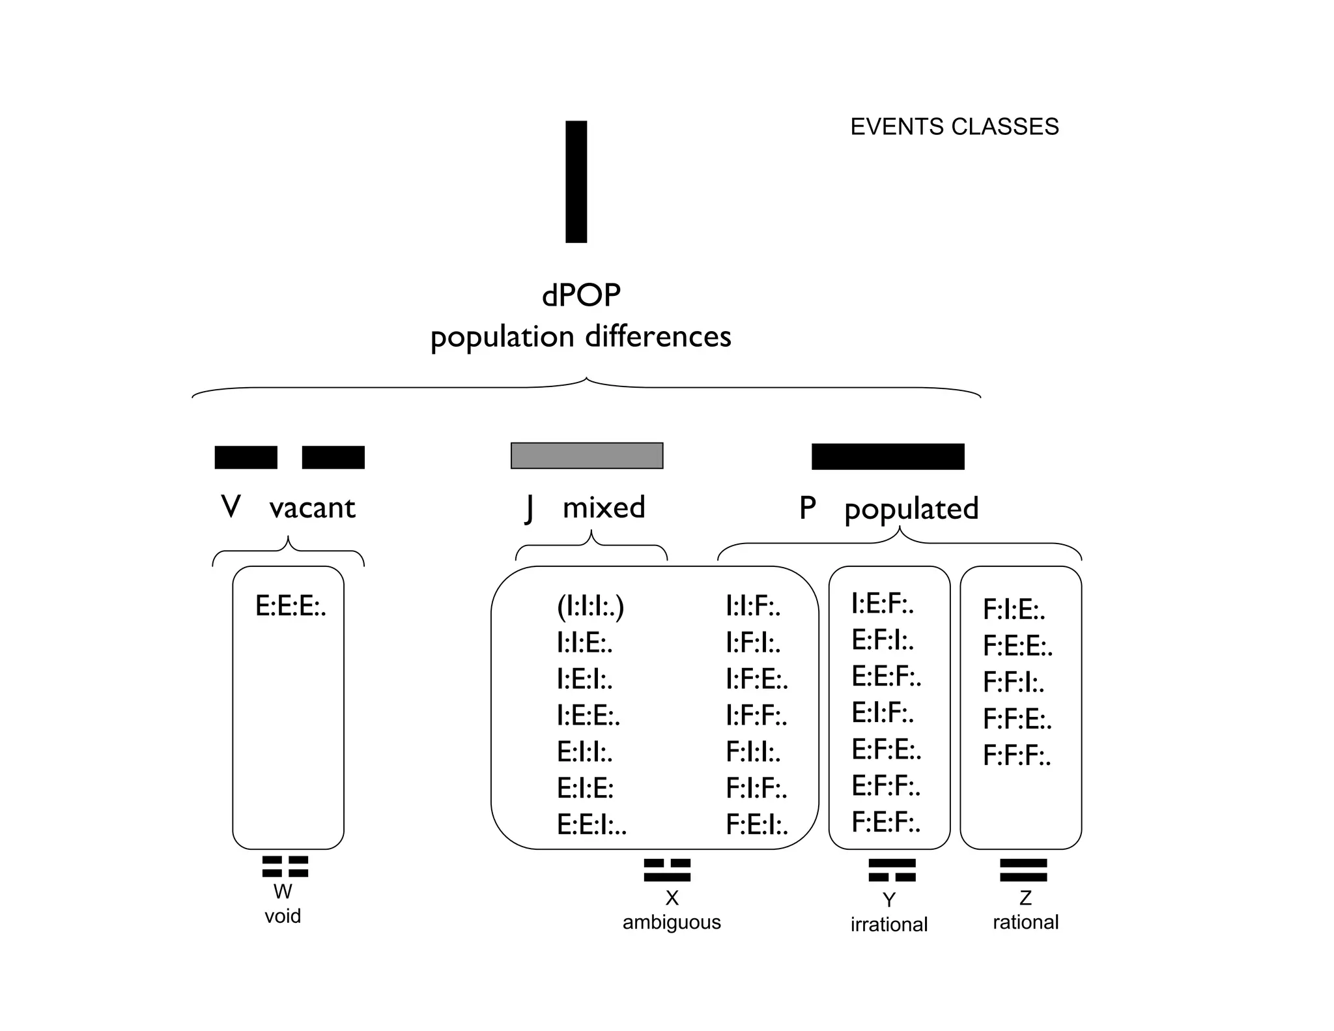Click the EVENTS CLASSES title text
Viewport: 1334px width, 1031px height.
(x=954, y=126)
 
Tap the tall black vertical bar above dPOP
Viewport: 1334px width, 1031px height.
(x=576, y=182)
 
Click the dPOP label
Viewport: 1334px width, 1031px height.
(x=581, y=295)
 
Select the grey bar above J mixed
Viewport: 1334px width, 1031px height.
(x=587, y=456)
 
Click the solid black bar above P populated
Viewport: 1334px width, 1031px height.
(x=888, y=456)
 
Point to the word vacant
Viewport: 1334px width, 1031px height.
(x=312, y=508)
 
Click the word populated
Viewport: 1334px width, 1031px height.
(x=911, y=508)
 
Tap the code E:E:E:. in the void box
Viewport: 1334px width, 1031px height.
(x=291, y=607)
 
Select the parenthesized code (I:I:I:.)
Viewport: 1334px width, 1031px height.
(x=590, y=607)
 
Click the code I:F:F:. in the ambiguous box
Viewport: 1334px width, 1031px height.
(x=756, y=716)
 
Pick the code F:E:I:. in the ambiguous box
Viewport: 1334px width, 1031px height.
(x=757, y=825)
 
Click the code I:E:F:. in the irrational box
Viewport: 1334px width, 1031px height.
(x=883, y=604)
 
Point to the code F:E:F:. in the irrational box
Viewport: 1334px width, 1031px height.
(x=886, y=822)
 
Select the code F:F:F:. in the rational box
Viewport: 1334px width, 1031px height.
(x=1016, y=756)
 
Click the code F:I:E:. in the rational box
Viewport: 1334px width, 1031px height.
(x=1014, y=610)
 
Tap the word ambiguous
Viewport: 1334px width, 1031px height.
(x=672, y=922)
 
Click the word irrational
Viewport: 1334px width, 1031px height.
(x=888, y=924)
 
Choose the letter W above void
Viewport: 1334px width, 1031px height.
(x=283, y=892)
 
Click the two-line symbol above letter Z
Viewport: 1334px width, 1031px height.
(x=1023, y=870)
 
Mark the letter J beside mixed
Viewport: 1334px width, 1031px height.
(x=530, y=508)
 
